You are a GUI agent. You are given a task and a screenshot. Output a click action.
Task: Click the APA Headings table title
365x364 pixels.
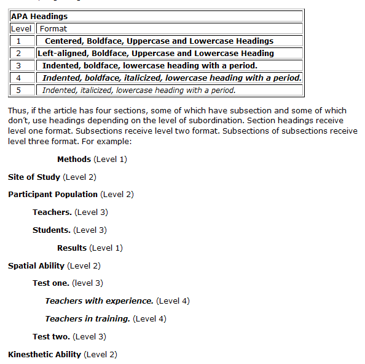(x=39, y=17)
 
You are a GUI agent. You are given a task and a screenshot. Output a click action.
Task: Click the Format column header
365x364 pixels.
(x=53, y=28)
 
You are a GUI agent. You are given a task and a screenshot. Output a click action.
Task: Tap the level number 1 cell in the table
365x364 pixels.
(x=18, y=41)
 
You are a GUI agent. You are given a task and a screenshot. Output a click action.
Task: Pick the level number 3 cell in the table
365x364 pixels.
(x=18, y=66)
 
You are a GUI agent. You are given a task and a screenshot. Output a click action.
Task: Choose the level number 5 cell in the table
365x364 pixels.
(x=18, y=91)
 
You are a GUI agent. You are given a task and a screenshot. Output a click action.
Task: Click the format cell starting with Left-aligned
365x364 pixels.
(x=155, y=54)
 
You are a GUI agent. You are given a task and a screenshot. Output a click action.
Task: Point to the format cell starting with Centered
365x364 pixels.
(x=159, y=41)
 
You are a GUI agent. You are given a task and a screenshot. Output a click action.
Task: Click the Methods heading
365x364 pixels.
(x=74, y=160)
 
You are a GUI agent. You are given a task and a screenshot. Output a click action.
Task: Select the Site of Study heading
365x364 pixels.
(x=34, y=177)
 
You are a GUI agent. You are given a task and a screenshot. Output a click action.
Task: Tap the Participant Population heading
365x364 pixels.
(x=53, y=195)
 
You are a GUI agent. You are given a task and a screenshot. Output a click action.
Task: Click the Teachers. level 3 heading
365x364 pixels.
(x=52, y=212)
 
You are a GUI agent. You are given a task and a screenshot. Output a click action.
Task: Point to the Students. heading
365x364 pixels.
(x=51, y=230)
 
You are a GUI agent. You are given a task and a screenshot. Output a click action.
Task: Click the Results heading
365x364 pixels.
(x=72, y=248)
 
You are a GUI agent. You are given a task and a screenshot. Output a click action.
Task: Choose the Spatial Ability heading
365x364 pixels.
(x=36, y=266)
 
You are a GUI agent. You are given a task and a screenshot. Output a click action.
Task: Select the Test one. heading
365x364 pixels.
(x=51, y=283)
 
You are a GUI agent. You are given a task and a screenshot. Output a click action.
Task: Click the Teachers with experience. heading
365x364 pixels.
(x=99, y=301)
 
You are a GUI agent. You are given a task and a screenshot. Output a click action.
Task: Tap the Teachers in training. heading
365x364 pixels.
(x=87, y=319)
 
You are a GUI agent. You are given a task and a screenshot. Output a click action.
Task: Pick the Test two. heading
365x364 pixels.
(x=51, y=337)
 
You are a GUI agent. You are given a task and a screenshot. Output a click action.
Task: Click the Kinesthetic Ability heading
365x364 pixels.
(x=44, y=355)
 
